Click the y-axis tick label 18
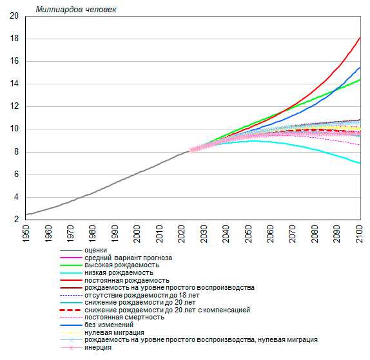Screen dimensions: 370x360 pos(14,39)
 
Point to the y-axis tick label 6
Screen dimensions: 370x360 pos(16,175)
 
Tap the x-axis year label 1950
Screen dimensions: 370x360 pos(26,234)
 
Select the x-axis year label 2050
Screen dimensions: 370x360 pos(248,234)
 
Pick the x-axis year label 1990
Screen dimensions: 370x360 pos(115,234)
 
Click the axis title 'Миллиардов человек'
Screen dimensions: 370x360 pos(76,10)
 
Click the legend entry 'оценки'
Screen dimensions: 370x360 pos(96,250)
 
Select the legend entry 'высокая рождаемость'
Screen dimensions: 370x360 pos(122,265)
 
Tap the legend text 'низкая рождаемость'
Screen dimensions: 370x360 pos(119,273)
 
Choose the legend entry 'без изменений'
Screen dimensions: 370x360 pos(109,325)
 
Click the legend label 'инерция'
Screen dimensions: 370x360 pos(98,348)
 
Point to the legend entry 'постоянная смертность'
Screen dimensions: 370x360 pos(124,317)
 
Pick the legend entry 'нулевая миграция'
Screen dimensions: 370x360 pos(115,333)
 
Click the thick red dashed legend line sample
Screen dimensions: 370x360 pos(71,310)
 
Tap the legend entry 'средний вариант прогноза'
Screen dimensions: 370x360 pos(128,258)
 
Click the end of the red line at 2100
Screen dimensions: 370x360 pos(360,38)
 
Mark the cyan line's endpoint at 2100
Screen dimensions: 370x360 pos(360,163)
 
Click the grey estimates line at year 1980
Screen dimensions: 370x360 pos(92,194)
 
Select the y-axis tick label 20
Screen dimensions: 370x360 pos(14,16)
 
